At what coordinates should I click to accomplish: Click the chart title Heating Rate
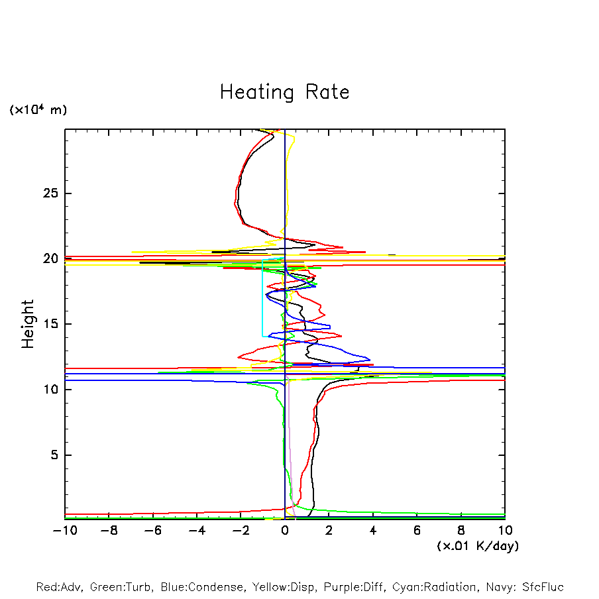tap(284, 92)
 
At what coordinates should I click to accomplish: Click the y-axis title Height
tap(28, 324)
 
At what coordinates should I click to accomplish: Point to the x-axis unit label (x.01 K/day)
tap(478, 546)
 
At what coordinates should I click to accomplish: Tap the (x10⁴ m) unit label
tap(38, 110)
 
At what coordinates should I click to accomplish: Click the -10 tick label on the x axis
tap(64, 531)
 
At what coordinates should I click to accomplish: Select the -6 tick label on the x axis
tap(152, 531)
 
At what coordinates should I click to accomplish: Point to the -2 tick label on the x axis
tap(241, 531)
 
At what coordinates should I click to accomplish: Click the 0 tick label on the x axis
tap(285, 531)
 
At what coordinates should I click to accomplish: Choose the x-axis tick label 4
tap(373, 531)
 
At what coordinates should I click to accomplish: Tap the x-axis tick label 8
tap(461, 531)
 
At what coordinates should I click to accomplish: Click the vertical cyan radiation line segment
tap(262, 298)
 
